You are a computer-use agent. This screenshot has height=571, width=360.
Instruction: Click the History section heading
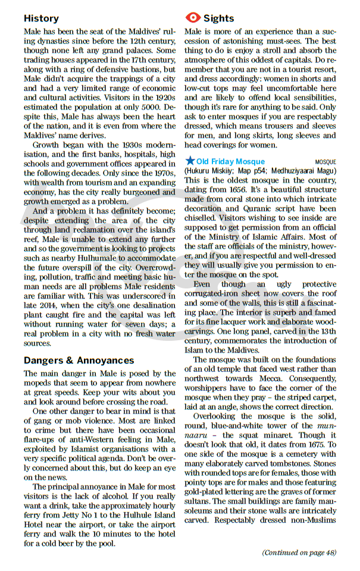pos(41,18)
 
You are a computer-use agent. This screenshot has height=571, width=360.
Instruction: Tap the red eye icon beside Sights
pos(193,18)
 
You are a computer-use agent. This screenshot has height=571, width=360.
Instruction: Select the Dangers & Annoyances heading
pos(79,360)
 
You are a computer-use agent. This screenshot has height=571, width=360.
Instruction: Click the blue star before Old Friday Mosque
pos(190,161)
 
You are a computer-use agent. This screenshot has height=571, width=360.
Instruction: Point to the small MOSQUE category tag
pos(325,162)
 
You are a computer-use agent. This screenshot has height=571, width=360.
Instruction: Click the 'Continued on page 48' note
pos(299,552)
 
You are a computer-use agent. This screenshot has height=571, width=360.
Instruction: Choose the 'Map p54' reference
pos(244,171)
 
